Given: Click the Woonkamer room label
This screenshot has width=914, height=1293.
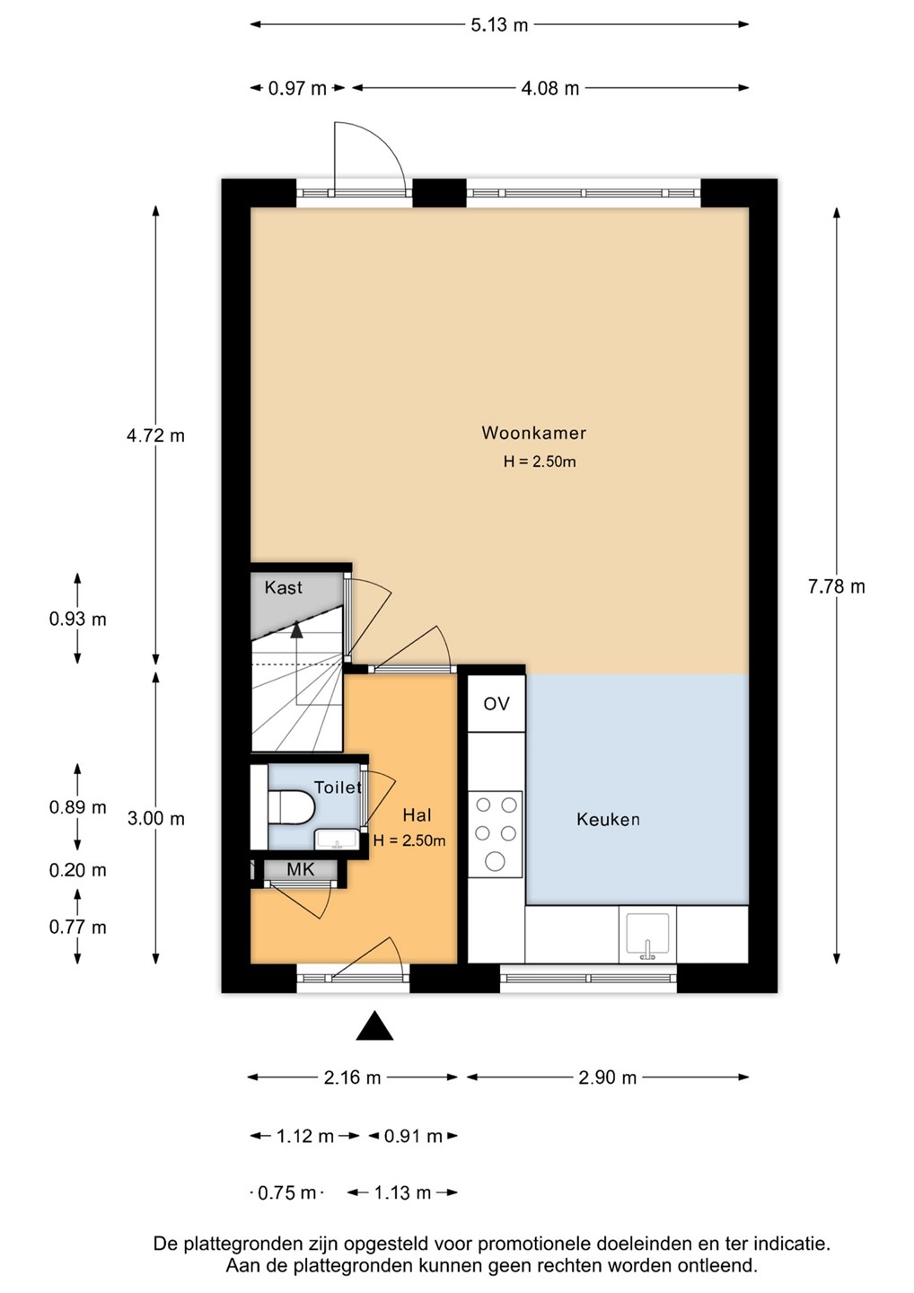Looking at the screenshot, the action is coord(533,433).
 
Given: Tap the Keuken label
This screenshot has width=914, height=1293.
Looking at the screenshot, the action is coord(608,819).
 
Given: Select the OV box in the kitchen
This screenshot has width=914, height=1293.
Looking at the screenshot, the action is coord(497,703).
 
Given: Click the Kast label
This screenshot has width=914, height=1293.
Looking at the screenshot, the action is coord(284,587).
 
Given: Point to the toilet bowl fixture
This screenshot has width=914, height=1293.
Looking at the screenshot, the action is coord(291,805).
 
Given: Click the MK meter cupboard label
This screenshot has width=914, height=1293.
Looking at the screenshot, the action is coord(301,869).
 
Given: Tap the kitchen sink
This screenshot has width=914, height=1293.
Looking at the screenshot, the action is coord(647,934).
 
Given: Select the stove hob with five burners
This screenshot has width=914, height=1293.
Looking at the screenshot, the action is coord(495,834).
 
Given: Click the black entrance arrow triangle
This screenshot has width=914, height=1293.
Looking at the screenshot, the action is coord(374,1025).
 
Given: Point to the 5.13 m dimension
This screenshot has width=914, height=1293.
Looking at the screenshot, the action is coord(499,25).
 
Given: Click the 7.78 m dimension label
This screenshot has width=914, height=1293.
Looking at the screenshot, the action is coord(836,587).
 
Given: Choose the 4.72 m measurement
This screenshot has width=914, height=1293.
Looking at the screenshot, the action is coord(156,435).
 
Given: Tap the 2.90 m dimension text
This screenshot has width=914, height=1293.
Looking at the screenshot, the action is coord(608,1077).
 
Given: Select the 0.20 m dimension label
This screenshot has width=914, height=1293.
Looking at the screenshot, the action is coord(78,870).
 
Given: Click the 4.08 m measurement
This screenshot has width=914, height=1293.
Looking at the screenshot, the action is coord(549,88).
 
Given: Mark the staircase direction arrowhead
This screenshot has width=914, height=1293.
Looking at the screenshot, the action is coord(296,629).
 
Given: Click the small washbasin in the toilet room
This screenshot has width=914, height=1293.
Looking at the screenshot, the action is coord(337,840).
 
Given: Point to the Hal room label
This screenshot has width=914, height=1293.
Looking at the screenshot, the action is coord(417,815).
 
